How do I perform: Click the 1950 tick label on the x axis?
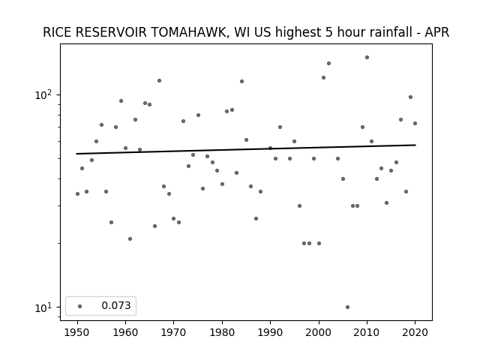point(77,332)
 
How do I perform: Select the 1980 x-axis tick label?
point(222,332)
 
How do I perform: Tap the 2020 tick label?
point(415,332)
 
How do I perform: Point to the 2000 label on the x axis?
point(319,332)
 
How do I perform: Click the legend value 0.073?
point(116,305)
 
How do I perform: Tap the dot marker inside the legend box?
point(80,306)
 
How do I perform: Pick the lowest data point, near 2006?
point(347,307)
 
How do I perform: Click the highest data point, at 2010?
point(367,57)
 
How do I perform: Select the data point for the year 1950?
point(77,193)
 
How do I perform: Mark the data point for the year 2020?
point(415,123)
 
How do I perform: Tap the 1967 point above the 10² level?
point(160,80)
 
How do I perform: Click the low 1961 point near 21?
point(130,238)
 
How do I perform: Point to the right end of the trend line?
point(415,145)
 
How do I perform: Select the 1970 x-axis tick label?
point(174,332)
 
